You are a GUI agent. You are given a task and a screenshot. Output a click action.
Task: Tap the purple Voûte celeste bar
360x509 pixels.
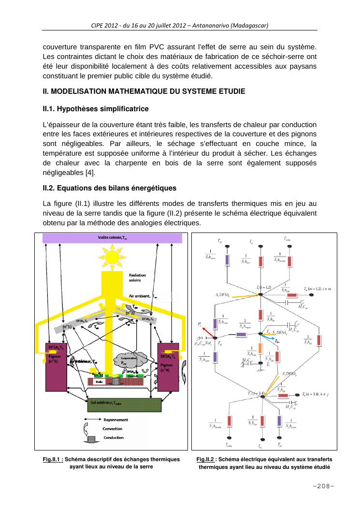[x=113, y=238]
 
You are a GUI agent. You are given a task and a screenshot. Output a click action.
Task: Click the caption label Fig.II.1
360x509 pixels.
[x=53, y=459]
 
